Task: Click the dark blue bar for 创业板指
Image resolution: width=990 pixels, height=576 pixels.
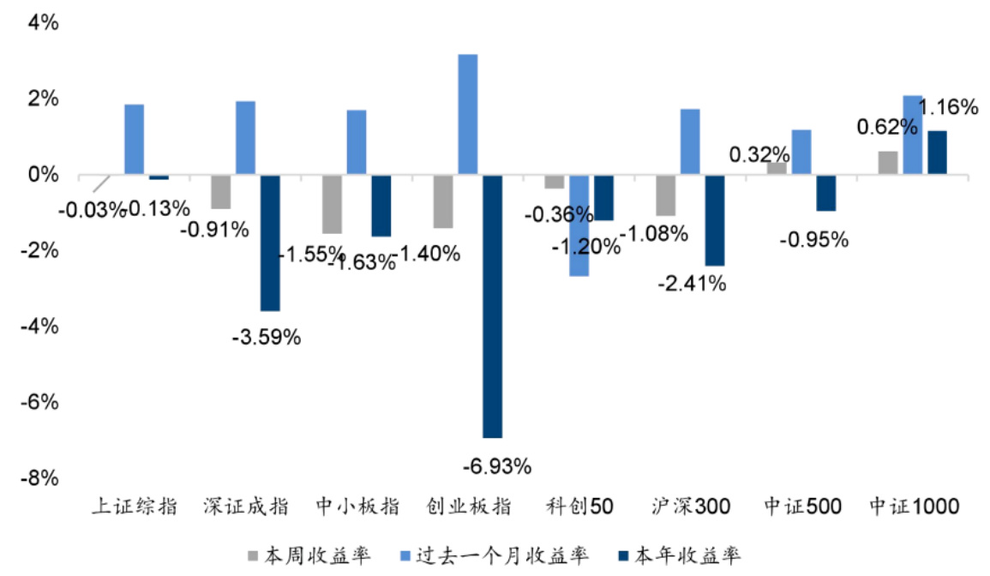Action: pos(492,306)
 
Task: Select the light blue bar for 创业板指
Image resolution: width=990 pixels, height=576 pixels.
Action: pos(467,115)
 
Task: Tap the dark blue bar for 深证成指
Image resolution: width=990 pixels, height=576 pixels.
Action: pos(270,243)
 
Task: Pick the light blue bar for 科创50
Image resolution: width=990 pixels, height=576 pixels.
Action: pos(579,225)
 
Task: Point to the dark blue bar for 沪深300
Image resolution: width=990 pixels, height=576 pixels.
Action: pos(714,220)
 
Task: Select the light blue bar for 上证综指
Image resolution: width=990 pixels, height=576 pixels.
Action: pos(135,140)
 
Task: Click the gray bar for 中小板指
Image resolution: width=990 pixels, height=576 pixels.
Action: pos(332,204)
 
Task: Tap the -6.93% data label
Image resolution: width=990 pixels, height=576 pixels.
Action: pos(497,467)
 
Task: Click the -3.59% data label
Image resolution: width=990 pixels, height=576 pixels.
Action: pos(267,338)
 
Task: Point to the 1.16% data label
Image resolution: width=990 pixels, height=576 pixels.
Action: pos(947,108)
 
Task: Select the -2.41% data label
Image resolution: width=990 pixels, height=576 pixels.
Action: pos(692,283)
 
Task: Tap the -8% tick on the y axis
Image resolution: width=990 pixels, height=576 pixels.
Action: pos(39,477)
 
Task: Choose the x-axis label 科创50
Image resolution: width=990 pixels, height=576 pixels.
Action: pos(579,507)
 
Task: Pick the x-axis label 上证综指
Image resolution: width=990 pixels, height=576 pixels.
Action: pos(135,507)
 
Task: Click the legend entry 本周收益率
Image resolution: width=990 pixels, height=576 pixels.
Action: pos(310,555)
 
